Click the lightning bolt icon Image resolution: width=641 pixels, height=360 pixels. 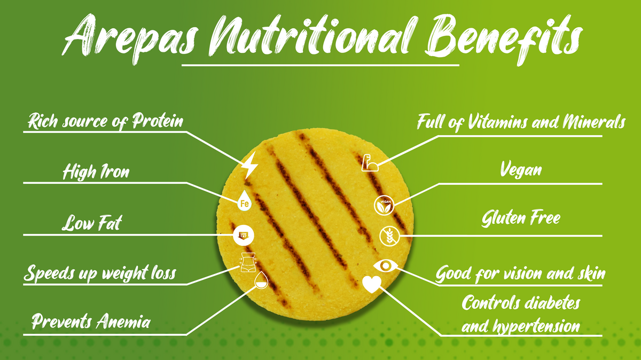click(x=249, y=166)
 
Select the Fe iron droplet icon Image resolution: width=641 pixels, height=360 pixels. click(x=245, y=201)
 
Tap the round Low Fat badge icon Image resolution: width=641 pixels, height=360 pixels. click(x=243, y=236)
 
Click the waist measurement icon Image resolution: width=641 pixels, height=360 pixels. click(x=248, y=262)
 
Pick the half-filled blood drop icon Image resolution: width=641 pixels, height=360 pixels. click(x=261, y=280)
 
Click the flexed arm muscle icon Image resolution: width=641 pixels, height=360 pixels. click(x=370, y=163)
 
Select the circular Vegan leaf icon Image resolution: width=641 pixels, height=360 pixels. click(x=384, y=205)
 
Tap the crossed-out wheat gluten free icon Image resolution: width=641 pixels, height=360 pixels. click(x=389, y=236)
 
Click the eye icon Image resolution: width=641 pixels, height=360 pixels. click(x=386, y=266)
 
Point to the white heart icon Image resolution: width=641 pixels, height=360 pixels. click(x=372, y=284)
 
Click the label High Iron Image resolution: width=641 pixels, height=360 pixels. click(x=96, y=172)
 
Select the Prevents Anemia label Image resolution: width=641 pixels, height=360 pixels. click(x=91, y=322)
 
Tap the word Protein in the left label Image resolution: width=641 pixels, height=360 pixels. click(x=158, y=121)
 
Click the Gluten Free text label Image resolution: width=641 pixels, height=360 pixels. click(x=521, y=218)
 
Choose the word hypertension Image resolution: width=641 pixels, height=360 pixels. click(x=536, y=326)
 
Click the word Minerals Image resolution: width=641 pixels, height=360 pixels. click(x=593, y=122)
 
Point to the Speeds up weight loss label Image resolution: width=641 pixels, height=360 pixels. click(x=100, y=273)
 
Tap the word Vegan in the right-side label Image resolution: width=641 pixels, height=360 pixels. click(x=521, y=169)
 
